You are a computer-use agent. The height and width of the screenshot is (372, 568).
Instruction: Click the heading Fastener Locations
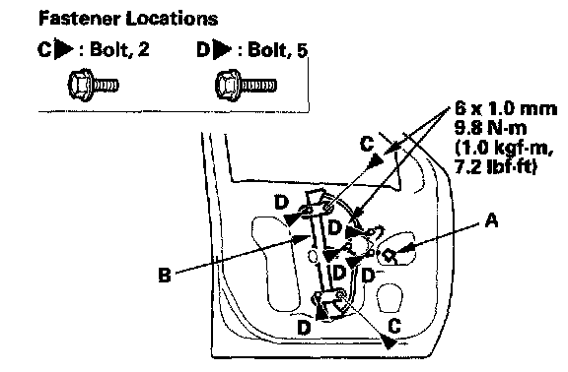[x=128, y=18]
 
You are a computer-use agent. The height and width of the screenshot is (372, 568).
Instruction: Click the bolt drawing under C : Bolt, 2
[x=93, y=86]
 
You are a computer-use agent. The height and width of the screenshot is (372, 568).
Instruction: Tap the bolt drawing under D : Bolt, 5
[x=246, y=86]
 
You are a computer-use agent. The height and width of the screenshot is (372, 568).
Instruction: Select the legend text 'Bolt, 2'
[x=119, y=49]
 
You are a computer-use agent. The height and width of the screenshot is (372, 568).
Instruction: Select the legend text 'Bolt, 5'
[x=277, y=49]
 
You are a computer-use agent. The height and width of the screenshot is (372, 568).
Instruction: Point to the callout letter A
[x=491, y=219]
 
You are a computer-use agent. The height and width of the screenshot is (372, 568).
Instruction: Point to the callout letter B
[x=165, y=275]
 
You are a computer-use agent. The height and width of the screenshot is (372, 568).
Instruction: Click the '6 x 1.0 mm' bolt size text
[x=506, y=108]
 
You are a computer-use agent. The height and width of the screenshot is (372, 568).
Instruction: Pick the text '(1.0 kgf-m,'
[x=504, y=148]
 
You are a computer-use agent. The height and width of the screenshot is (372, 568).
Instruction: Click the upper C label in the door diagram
[x=367, y=145]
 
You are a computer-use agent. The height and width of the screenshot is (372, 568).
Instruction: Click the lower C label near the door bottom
[x=394, y=326]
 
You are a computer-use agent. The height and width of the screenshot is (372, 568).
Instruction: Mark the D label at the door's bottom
[x=304, y=328]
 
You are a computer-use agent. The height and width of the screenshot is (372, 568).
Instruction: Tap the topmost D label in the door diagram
[x=281, y=202]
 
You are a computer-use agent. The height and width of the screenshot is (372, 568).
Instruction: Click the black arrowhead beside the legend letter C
[x=64, y=48]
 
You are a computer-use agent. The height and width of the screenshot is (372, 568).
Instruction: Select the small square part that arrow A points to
[x=389, y=255]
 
